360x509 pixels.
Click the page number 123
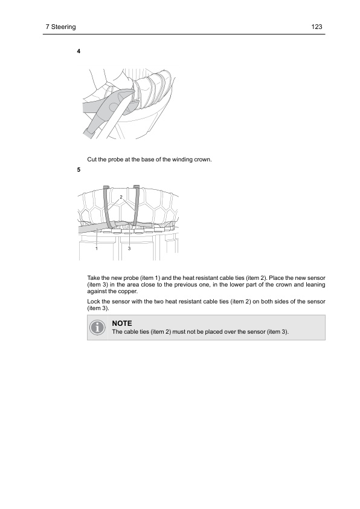[x=317, y=27]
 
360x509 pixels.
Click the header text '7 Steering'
[x=60, y=27]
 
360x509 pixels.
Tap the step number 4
[x=79, y=51]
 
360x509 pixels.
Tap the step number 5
[x=79, y=170]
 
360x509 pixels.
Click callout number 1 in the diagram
[x=97, y=248]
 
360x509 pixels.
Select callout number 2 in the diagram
[x=121, y=197]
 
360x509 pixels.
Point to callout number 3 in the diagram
[x=129, y=248]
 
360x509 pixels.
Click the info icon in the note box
[x=97, y=327]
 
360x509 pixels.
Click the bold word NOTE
[x=122, y=323]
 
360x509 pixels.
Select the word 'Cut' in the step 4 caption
[x=92, y=160]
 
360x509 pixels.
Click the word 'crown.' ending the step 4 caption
[x=203, y=160]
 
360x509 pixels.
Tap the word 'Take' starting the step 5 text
[x=94, y=278]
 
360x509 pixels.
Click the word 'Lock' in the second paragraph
[x=94, y=302]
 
